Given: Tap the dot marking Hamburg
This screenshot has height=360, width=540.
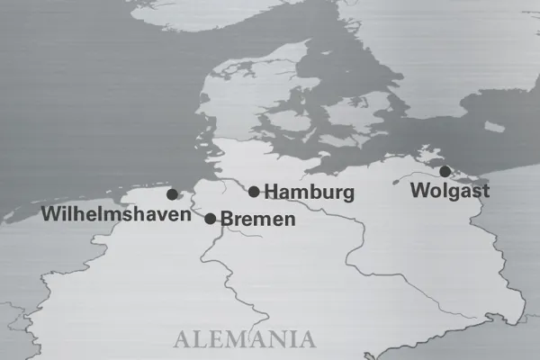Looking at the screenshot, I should [254, 191].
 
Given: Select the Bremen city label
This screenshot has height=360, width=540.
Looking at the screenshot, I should [257, 219].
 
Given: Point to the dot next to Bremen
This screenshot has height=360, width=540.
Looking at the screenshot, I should [211, 218].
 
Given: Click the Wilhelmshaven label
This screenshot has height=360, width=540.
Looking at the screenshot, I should [116, 214].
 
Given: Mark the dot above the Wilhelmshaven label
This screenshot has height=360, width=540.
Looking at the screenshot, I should [172, 193].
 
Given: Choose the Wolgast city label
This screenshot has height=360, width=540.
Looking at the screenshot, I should [449, 191].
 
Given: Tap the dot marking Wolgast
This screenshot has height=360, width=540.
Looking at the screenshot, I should [445, 171].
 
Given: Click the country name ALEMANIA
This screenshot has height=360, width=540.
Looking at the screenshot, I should [245, 340].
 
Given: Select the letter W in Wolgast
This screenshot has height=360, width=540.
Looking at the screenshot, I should [418, 191].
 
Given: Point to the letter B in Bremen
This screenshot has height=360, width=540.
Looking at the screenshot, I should [226, 219].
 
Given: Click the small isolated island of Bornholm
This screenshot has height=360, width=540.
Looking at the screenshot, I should [494, 127].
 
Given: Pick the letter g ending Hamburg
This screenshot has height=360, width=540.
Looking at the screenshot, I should [347, 194].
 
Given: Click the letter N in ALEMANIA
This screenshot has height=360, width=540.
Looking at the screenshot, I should [277, 340].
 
